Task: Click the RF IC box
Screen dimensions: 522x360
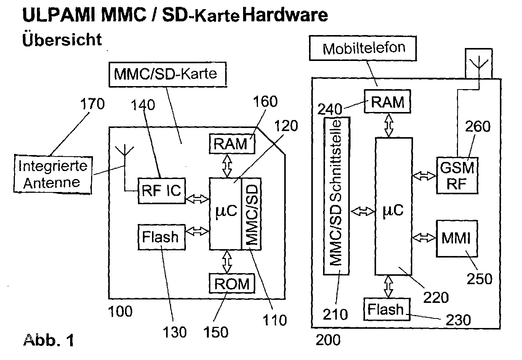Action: [x=162, y=191]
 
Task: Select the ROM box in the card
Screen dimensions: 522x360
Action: [x=232, y=283]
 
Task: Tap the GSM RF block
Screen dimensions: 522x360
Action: [x=457, y=176]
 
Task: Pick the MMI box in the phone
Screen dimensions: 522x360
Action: [x=457, y=238]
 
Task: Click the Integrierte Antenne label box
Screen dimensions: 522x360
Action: [x=53, y=174]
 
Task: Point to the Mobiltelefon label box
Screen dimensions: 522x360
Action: [x=363, y=48]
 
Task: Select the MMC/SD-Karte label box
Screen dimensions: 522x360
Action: [x=168, y=75]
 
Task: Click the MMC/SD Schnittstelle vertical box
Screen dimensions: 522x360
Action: [x=336, y=196]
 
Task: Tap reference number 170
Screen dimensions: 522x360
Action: [x=92, y=104]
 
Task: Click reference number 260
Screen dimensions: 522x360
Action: [x=478, y=126]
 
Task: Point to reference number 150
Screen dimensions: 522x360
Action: [x=216, y=332]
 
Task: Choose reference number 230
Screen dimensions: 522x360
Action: [x=458, y=320]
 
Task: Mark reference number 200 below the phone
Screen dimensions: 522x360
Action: [x=328, y=340]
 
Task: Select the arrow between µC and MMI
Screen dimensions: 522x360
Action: [x=424, y=238]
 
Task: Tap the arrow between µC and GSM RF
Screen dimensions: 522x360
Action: [x=424, y=176]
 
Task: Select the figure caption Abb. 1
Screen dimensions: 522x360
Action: [x=49, y=340]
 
